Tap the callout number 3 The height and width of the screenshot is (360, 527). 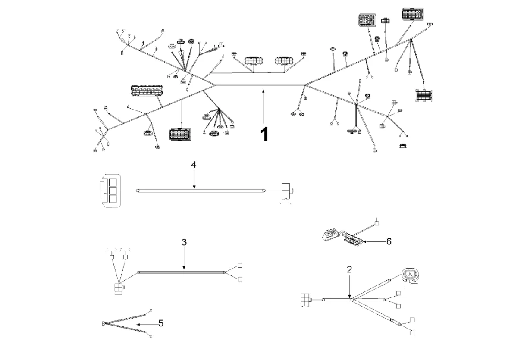pyautogui.click(x=184, y=242)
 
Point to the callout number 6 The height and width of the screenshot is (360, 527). pyautogui.click(x=389, y=241)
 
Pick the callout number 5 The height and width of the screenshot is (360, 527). pyautogui.click(x=160, y=323)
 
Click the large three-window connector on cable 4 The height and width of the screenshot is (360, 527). pyautogui.click(x=109, y=190)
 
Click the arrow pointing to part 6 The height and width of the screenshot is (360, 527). pyautogui.click(x=373, y=242)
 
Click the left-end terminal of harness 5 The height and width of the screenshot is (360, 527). pyautogui.click(x=103, y=324)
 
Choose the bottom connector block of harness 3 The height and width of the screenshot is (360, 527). pyautogui.click(x=119, y=288)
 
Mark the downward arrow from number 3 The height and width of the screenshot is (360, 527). pyautogui.click(x=184, y=259)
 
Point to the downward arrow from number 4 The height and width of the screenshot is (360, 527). pyautogui.click(x=194, y=179)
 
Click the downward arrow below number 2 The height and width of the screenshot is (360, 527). pyautogui.click(x=349, y=287)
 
